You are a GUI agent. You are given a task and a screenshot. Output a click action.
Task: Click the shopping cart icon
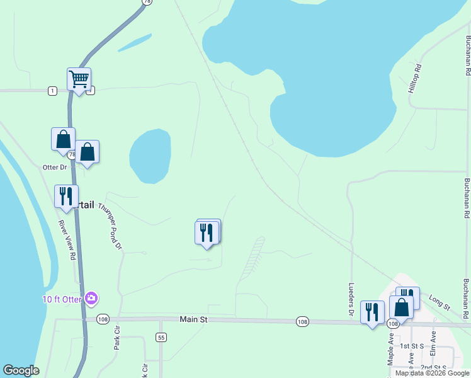coord(79,79)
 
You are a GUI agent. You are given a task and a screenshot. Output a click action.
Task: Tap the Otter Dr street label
coord(54,167)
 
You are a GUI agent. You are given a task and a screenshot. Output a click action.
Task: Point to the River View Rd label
coord(67,240)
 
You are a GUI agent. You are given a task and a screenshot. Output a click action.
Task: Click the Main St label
coord(193,320)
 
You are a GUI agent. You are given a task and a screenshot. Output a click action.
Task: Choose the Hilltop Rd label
coord(415,79)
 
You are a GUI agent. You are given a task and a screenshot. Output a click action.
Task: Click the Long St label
coord(440,302)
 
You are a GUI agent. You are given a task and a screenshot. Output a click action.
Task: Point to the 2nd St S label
coord(434,367)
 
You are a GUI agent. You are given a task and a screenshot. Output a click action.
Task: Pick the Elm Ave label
coord(433,343)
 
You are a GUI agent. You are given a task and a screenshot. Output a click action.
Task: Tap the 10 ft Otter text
coord(62,299)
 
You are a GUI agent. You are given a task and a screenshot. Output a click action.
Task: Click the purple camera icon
coord(92,298)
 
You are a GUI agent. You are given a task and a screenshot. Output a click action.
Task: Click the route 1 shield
coord(52,91)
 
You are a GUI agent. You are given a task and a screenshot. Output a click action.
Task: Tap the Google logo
coord(21,370)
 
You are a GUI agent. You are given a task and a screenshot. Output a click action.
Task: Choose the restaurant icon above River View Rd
coord(65,196)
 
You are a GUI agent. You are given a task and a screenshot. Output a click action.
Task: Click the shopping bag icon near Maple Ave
coord(401,307)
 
